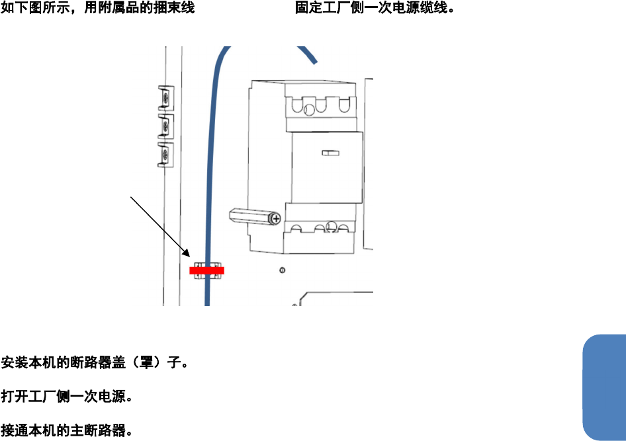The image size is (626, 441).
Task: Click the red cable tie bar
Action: tap(206, 270)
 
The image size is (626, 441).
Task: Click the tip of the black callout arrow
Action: tap(190, 257)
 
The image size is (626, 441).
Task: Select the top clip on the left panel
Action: tap(164, 98)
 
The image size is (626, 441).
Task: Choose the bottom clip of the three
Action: tap(164, 154)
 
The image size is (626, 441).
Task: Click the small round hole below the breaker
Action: tap(283, 270)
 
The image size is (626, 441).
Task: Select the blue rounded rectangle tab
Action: tap(605, 387)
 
